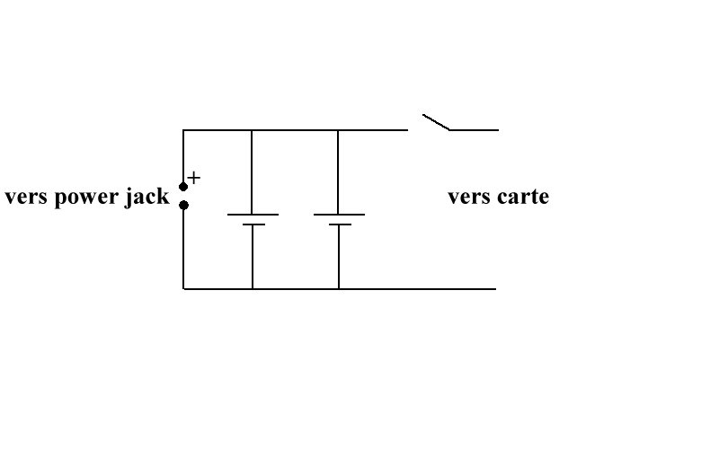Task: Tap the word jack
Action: click(x=149, y=198)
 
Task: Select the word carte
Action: click(x=519, y=197)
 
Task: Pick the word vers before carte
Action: click(x=467, y=197)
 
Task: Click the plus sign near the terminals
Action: click(x=194, y=178)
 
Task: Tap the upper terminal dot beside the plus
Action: click(x=183, y=187)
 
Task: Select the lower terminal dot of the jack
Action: click(x=183, y=205)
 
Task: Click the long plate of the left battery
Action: click(x=253, y=215)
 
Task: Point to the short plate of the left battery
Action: click(x=253, y=224)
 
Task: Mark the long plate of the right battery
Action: click(x=339, y=215)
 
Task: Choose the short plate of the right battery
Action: click(x=340, y=224)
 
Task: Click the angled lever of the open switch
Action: click(x=436, y=122)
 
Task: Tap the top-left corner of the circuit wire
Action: click(x=183, y=130)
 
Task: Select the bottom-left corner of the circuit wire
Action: click(x=183, y=289)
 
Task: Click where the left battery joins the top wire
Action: click(x=251, y=130)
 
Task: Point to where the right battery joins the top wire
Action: click(x=338, y=130)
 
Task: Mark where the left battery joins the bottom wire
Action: click(x=253, y=289)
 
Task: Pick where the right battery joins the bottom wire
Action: click(x=339, y=289)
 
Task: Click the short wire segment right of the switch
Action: click(x=474, y=130)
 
